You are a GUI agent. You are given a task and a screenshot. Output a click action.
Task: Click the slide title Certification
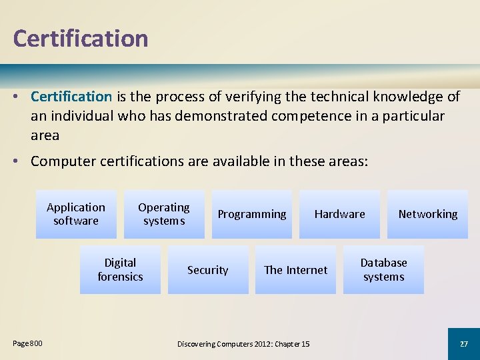(x=80, y=38)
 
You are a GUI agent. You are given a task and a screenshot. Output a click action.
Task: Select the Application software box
(x=76, y=214)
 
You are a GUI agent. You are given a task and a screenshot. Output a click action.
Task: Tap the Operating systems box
(x=164, y=214)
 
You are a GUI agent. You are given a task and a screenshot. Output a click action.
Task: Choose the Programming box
(x=251, y=214)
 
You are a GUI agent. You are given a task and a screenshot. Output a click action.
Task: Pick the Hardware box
(x=339, y=214)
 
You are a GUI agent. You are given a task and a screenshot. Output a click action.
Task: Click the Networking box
(x=427, y=214)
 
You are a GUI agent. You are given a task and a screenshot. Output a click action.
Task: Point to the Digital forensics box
(x=120, y=269)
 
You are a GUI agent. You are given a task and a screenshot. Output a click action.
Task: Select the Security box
(x=207, y=270)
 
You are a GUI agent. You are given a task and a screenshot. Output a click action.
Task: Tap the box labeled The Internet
(x=295, y=270)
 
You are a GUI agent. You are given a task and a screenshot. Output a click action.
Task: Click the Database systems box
(x=383, y=269)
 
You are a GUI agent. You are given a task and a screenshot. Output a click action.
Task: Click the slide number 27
(x=464, y=343)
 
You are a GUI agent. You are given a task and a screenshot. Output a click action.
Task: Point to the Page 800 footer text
(x=27, y=343)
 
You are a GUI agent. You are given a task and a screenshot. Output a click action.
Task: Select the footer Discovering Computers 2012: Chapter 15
(x=243, y=344)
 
